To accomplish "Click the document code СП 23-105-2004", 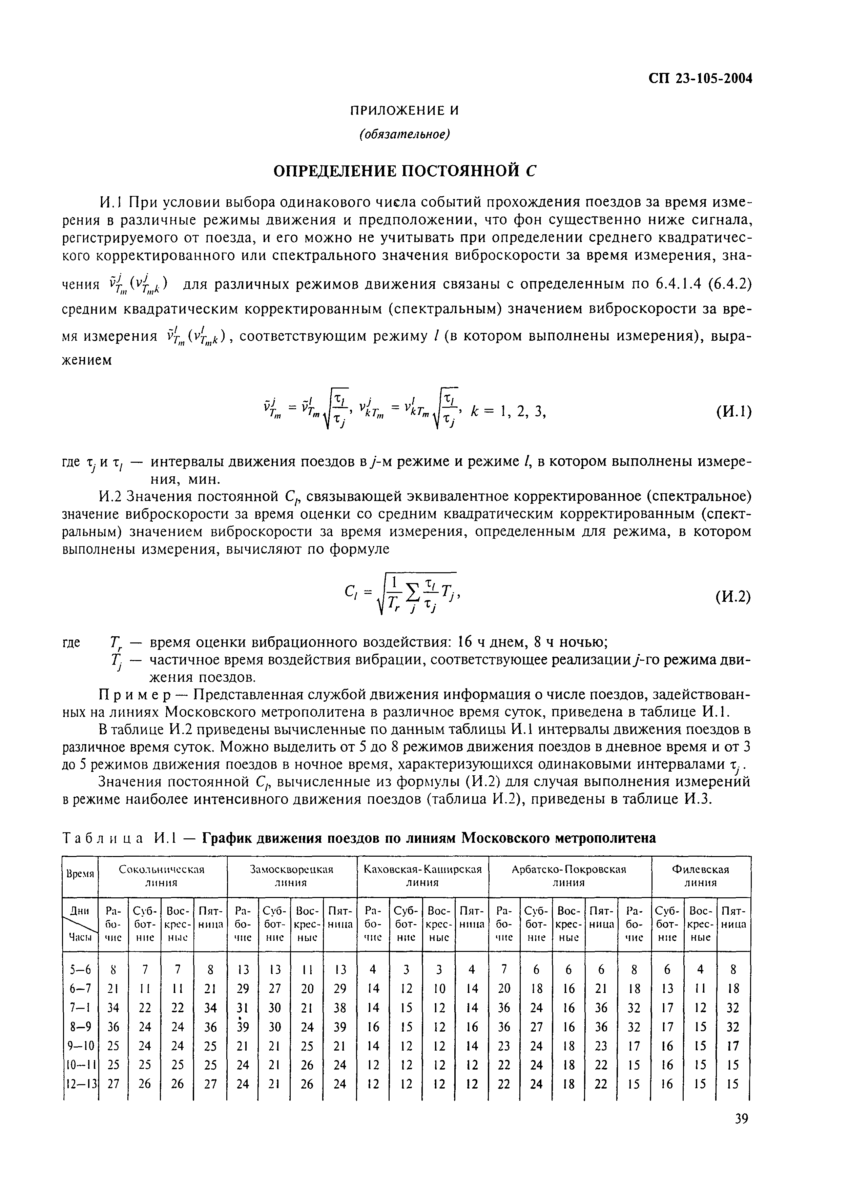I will click(x=700, y=79).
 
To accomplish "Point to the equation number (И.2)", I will click(x=733, y=596).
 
